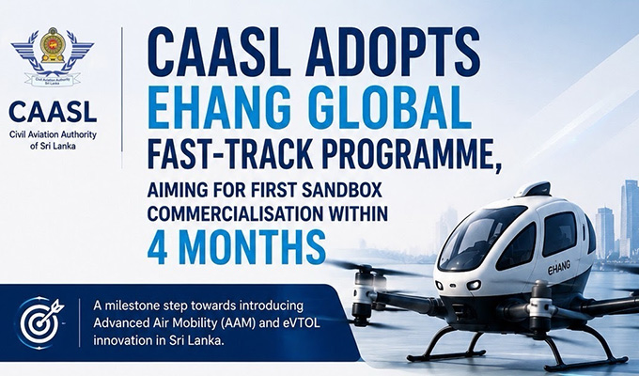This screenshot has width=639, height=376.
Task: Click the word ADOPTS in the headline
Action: click(x=393, y=52)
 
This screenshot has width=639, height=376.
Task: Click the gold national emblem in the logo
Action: click(x=53, y=45)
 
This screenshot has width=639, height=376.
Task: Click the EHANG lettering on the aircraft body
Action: click(x=558, y=268)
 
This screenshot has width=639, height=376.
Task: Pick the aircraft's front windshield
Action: click(x=476, y=237)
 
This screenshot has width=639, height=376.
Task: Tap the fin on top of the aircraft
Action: click(x=533, y=189)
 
